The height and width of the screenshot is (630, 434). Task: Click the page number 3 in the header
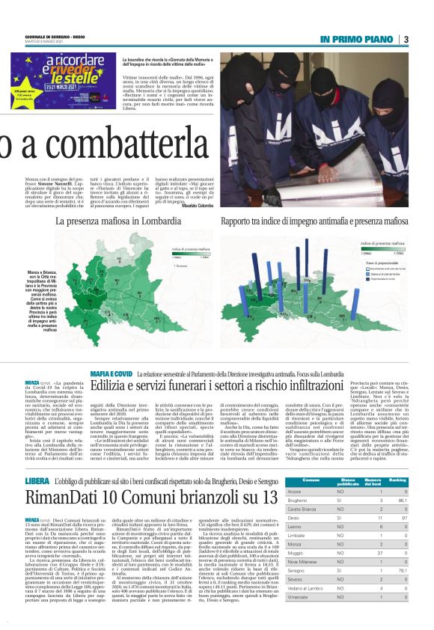406,39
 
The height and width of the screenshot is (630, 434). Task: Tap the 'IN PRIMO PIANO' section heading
355,39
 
